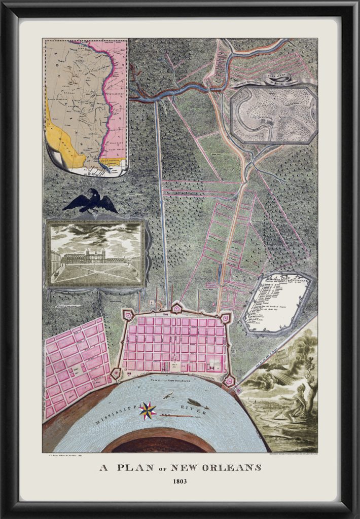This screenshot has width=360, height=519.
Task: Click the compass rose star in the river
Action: [x=148, y=411]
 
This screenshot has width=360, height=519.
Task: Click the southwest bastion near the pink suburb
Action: [x=116, y=374]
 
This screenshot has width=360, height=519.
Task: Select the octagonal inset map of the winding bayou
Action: [x=274, y=115]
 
